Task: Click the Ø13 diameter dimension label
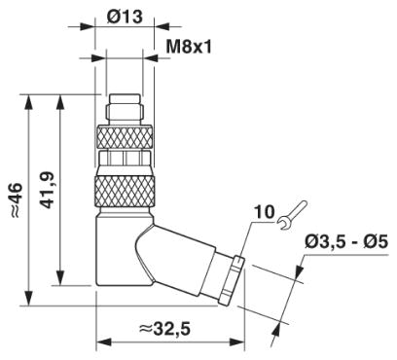coord(125,16)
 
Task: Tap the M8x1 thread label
coord(189,47)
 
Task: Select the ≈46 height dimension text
coord(17,199)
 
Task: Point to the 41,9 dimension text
coord(48,190)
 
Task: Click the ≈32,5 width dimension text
coord(164,329)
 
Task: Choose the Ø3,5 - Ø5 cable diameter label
coord(346,241)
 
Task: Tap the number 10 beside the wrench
coord(264,212)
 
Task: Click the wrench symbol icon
coord(293,215)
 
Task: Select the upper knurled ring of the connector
coord(125,137)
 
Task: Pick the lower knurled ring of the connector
coord(125,191)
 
